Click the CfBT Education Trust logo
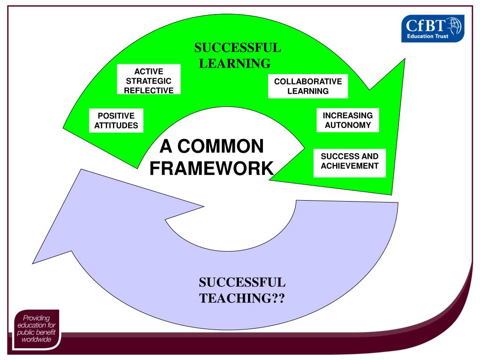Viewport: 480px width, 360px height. [x=432, y=28]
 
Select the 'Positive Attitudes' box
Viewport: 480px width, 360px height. [x=116, y=120]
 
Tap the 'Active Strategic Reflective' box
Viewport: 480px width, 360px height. [x=149, y=81]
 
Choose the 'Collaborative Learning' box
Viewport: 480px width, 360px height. [x=308, y=86]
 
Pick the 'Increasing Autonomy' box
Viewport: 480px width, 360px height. [x=347, y=120]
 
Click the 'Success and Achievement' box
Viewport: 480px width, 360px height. [x=349, y=161]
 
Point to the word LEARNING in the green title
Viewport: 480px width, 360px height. [x=235, y=63]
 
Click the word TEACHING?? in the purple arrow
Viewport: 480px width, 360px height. [x=242, y=298]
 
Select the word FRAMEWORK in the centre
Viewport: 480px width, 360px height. [x=211, y=168]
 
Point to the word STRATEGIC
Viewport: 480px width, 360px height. [x=149, y=81]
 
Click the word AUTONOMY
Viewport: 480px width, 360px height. [x=347, y=125]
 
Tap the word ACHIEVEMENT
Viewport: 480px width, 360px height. [x=349, y=166]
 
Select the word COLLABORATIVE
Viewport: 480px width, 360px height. [x=308, y=82]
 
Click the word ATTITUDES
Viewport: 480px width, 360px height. [x=116, y=125]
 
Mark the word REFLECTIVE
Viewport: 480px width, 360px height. [x=149, y=90]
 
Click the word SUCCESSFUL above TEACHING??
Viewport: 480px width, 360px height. [x=242, y=283]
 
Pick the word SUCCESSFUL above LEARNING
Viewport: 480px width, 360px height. [x=238, y=48]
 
